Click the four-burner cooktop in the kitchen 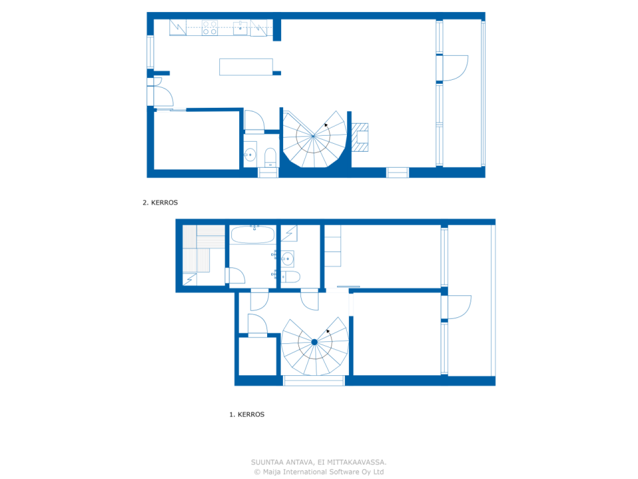coord(210,27)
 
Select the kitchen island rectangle coord(246,67)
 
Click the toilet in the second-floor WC coord(270,157)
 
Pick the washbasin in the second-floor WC coord(250,155)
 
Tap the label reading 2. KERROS coord(160,203)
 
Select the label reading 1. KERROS coord(247,415)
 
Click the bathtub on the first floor coord(253,235)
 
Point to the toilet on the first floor coord(291,277)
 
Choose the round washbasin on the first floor coord(287,258)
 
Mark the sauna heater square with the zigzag coord(190,279)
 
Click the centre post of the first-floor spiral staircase coord(315,342)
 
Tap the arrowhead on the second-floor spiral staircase coord(326,125)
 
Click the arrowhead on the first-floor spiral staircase coord(328,331)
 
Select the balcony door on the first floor coord(459,307)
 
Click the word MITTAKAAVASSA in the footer coord(356,463)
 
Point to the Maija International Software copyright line coord(319,472)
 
